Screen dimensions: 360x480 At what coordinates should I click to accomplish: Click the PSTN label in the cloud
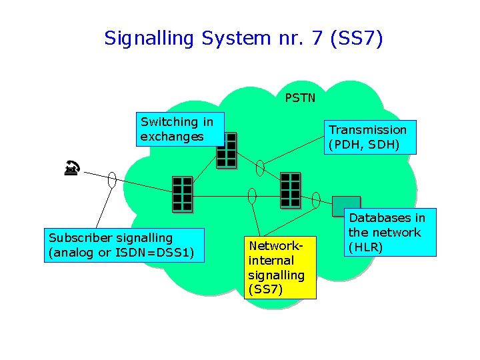click(x=300, y=98)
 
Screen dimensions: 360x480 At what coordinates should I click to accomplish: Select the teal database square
click(x=346, y=206)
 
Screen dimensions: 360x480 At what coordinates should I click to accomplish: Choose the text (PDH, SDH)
click(x=364, y=144)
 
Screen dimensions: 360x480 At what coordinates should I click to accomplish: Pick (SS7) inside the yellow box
click(x=265, y=289)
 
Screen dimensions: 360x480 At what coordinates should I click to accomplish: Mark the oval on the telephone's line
click(x=112, y=179)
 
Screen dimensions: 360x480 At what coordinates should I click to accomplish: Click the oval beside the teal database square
click(x=316, y=199)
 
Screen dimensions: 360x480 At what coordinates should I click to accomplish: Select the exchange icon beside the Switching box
click(x=227, y=149)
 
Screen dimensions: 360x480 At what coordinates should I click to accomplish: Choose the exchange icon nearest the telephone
click(x=182, y=193)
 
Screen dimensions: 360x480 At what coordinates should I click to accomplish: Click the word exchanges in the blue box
click(x=172, y=137)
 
